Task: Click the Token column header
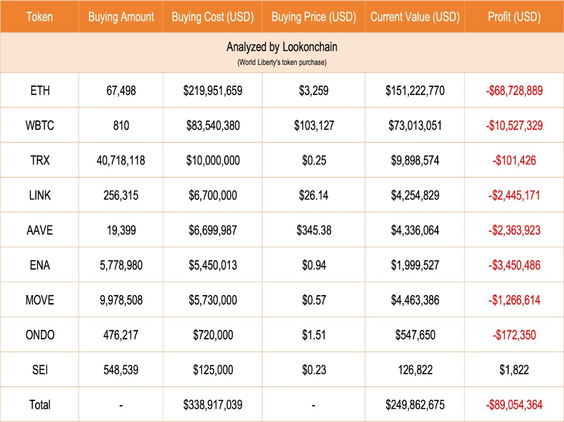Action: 39,17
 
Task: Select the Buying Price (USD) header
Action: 314,17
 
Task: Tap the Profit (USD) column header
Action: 514,17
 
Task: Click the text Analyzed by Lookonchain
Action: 282,47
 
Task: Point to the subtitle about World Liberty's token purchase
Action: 282,62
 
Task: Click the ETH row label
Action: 40,91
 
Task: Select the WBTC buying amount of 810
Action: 121,125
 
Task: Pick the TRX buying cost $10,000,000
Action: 213,161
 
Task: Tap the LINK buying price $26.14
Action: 313,195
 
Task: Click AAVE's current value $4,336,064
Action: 415,230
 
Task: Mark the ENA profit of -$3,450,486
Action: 514,266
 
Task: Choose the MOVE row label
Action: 40,300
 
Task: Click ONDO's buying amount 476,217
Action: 121,335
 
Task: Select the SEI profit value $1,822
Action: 514,370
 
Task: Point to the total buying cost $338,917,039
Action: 213,405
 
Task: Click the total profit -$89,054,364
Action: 514,405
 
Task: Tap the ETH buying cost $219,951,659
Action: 213,91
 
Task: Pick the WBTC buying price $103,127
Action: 314,125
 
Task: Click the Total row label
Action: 40,405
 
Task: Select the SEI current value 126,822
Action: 415,370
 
